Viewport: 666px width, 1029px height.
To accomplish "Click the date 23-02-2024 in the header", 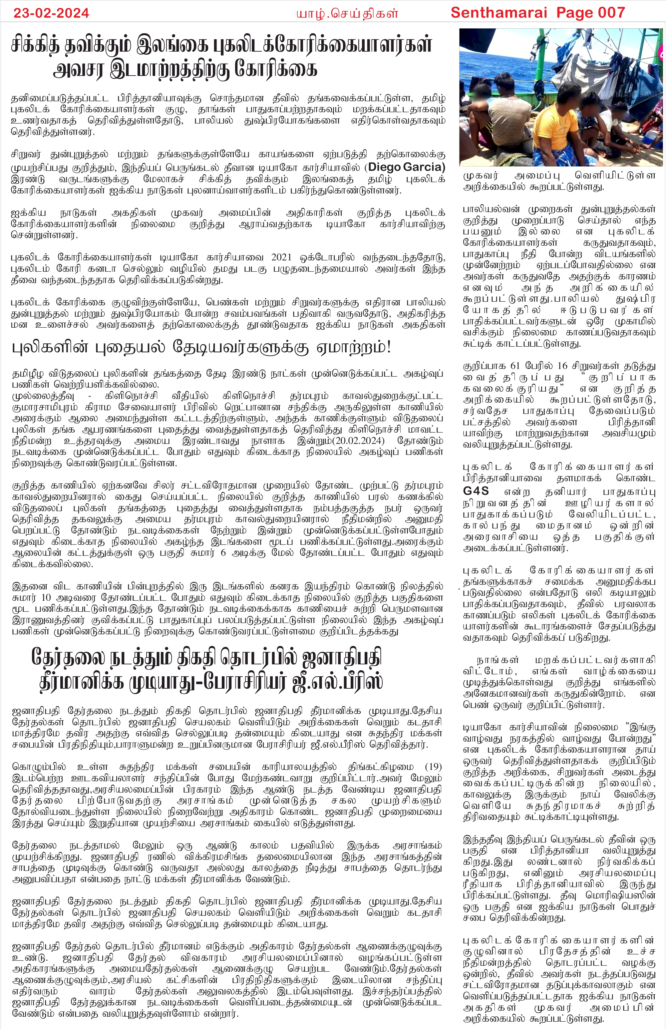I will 51,13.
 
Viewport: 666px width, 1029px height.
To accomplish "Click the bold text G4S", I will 476,491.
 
